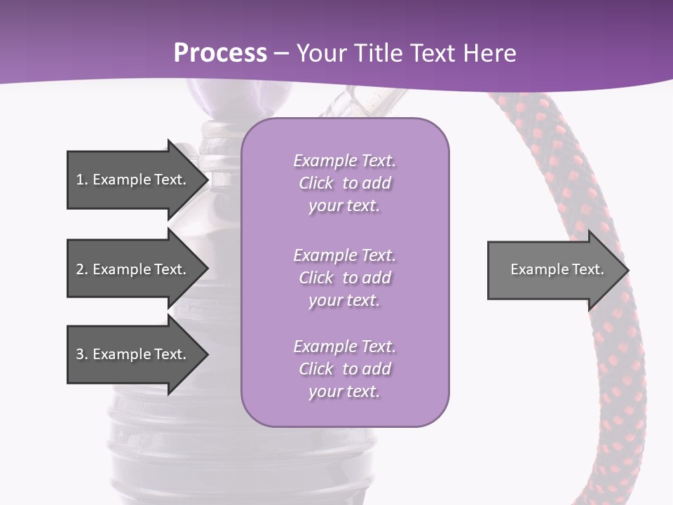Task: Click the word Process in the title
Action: point(220,53)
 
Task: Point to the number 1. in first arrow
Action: point(81,180)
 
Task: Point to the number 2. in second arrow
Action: point(81,269)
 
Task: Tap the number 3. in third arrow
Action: point(81,354)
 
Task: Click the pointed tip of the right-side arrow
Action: point(627,270)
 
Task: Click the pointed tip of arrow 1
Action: point(206,180)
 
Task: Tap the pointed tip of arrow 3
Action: point(206,354)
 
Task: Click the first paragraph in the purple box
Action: point(344,183)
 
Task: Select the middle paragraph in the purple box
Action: point(344,278)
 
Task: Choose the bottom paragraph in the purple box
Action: point(344,369)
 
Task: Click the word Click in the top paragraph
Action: point(316,183)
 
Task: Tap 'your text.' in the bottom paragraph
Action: point(344,391)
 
